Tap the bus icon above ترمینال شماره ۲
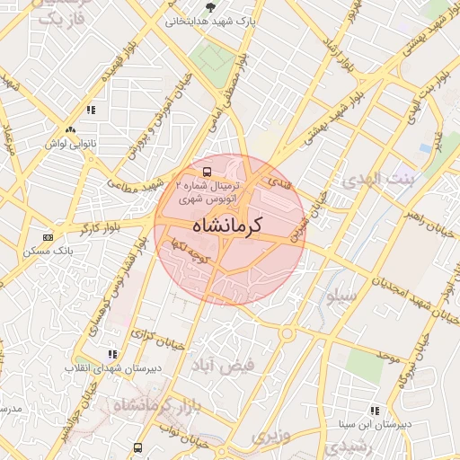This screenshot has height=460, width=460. [x=208, y=171]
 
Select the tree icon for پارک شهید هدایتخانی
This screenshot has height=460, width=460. [x=210, y=7]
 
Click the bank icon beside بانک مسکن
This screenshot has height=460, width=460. [x=48, y=237]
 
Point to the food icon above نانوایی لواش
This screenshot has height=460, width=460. [x=91, y=110]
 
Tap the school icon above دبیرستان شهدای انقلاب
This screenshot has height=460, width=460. [x=112, y=355]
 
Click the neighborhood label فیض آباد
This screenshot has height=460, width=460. [x=222, y=365]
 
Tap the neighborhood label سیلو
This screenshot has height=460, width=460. [x=343, y=295]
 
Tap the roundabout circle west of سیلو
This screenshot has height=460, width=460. [x=287, y=334]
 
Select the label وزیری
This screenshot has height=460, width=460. [x=270, y=438]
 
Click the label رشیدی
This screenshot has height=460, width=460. [x=344, y=445]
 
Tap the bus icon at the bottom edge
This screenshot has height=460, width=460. [x=137, y=447]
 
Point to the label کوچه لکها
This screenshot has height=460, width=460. [x=193, y=252]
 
